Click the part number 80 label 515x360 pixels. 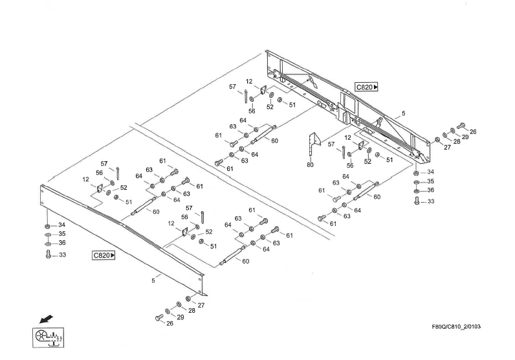(x=311, y=164)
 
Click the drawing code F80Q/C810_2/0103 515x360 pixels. (x=457, y=326)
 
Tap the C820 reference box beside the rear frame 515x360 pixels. (x=366, y=87)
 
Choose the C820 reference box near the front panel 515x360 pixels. (x=104, y=255)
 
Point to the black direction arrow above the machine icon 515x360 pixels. (x=45, y=319)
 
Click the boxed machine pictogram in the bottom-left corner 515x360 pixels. (x=48, y=337)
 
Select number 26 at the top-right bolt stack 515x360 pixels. (x=473, y=131)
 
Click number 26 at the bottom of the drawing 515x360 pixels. (x=170, y=324)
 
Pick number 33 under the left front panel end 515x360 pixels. (x=63, y=254)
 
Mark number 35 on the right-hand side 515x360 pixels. (x=430, y=182)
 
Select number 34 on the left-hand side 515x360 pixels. (x=62, y=225)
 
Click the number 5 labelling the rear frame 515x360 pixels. (x=403, y=113)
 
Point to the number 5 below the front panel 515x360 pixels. (x=153, y=280)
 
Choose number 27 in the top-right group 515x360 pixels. (x=446, y=147)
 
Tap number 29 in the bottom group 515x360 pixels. (x=181, y=317)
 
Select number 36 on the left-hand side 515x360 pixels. (x=63, y=243)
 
